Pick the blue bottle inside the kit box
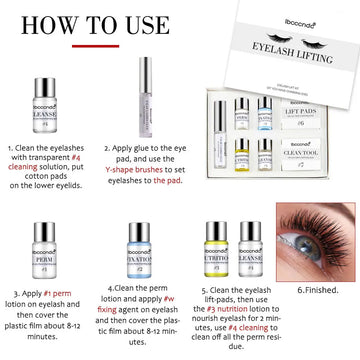coord(264,109)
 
